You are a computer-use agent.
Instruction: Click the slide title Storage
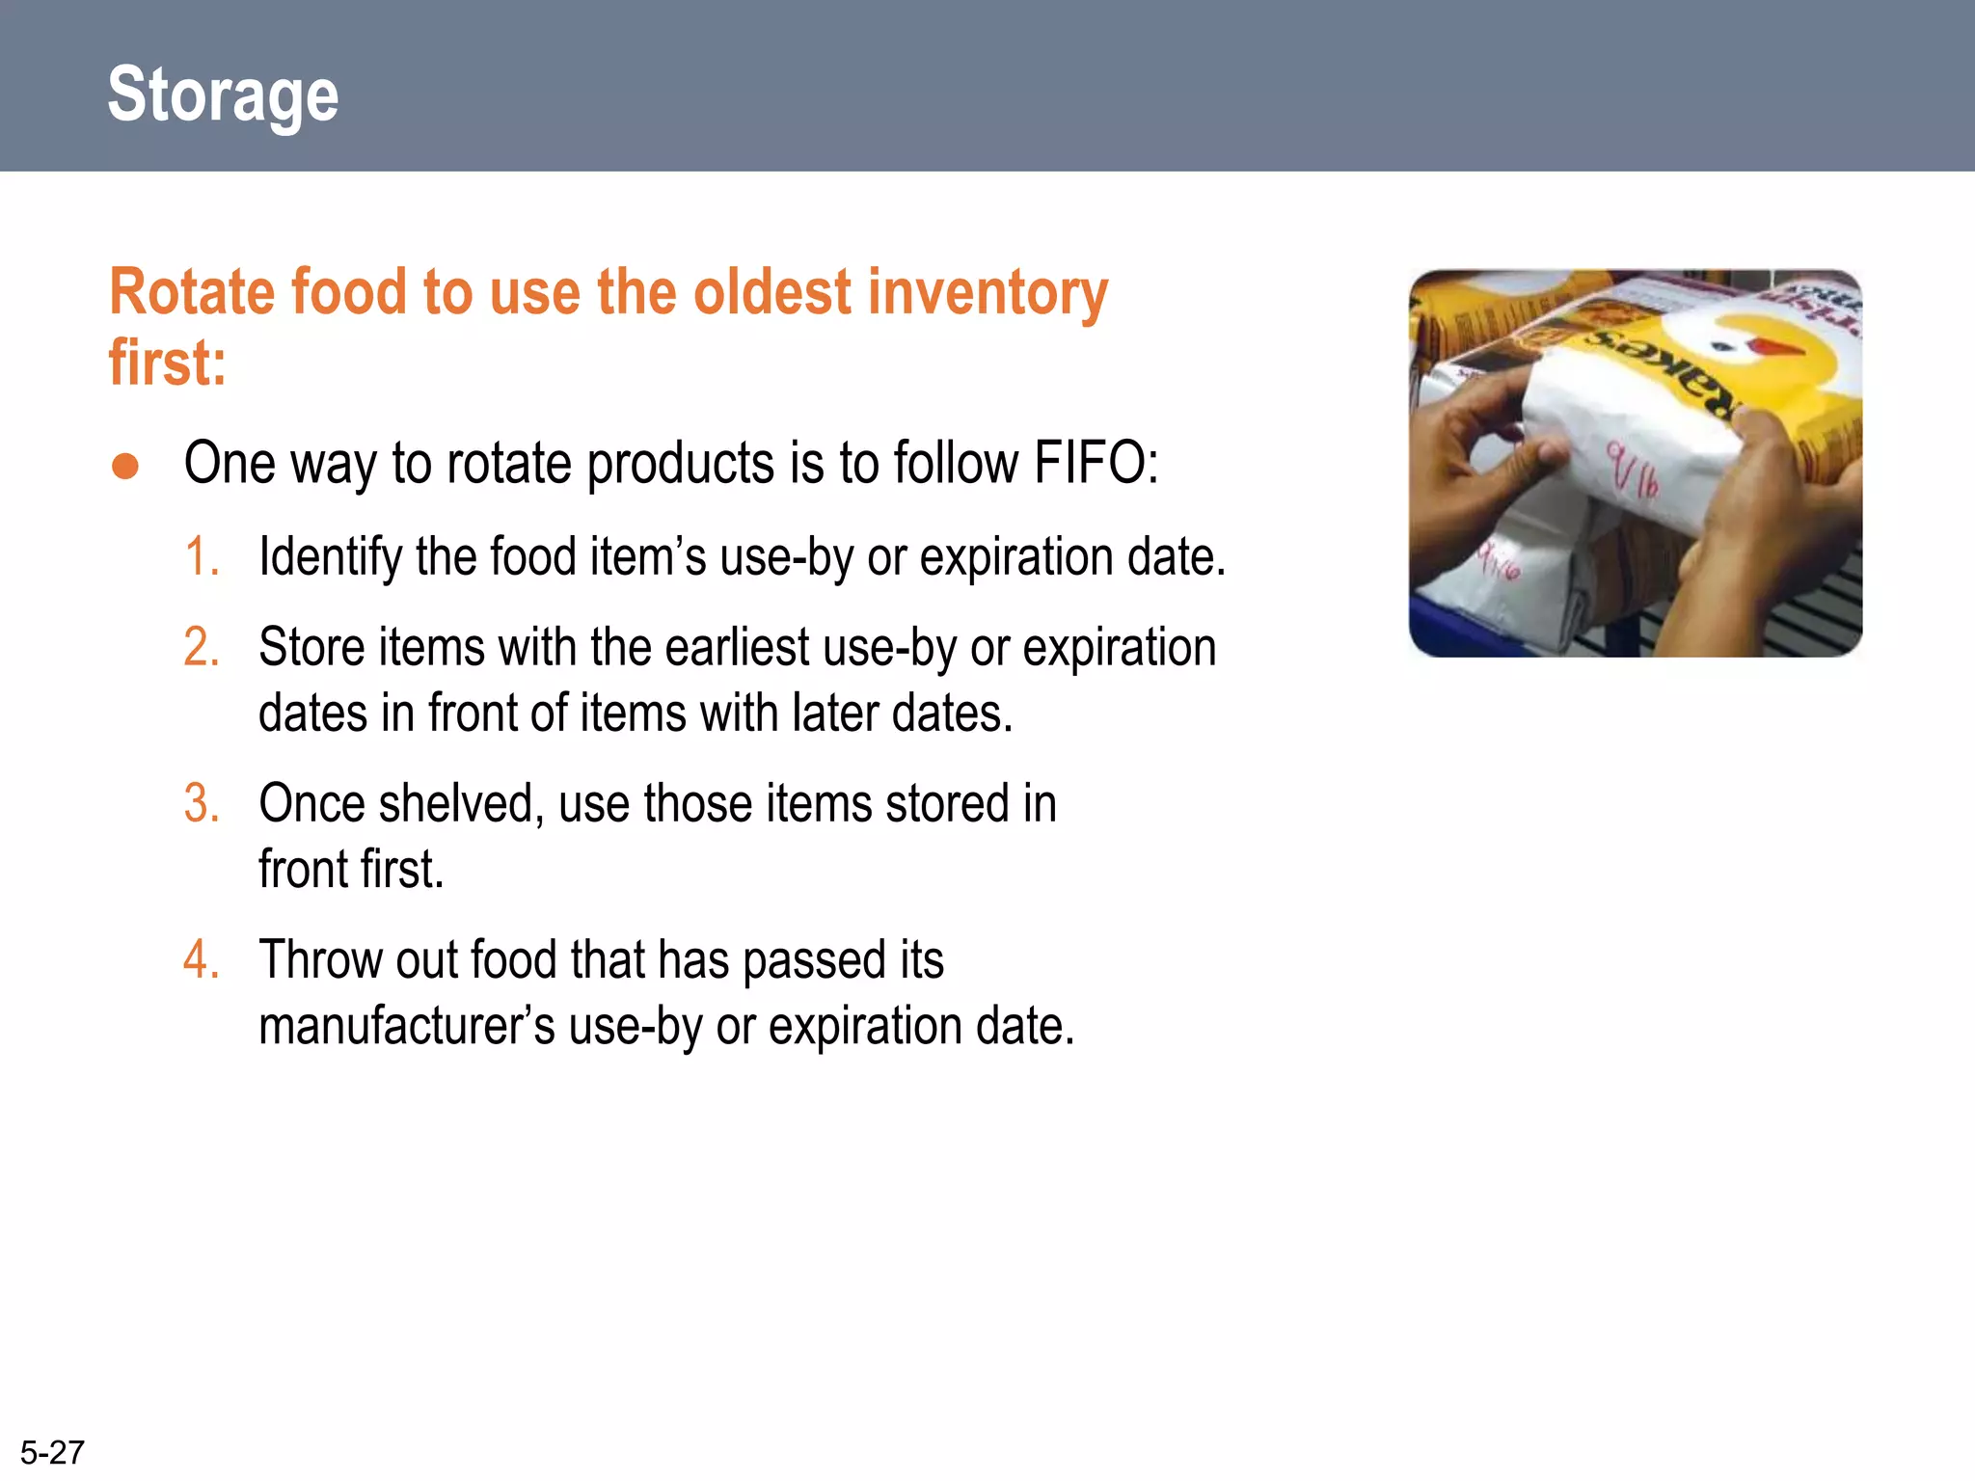click(223, 94)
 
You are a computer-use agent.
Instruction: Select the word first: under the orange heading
click(167, 364)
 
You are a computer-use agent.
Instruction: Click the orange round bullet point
click(125, 467)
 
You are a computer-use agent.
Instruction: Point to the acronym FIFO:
click(1096, 463)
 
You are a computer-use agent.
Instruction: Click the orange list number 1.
click(202, 557)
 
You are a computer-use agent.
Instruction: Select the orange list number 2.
click(202, 647)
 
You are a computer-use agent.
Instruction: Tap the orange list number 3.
click(202, 803)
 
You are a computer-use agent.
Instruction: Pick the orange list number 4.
click(202, 960)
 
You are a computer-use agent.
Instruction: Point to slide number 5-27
click(52, 1452)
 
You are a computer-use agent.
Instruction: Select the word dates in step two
click(311, 714)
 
